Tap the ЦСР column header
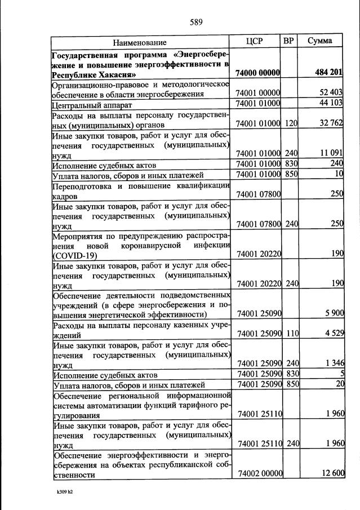[x=255, y=41]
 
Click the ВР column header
[x=288, y=41]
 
